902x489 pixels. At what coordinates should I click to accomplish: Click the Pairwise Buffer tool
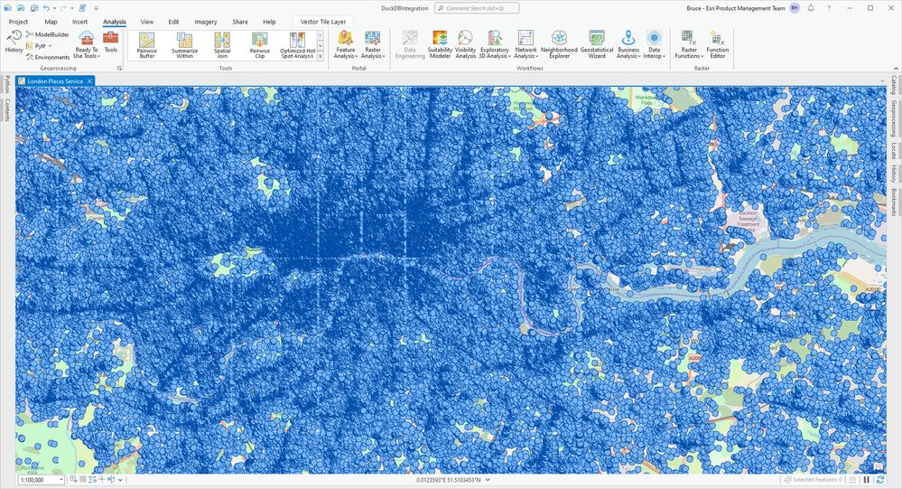[147, 44]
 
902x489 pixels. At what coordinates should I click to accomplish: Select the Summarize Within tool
[184, 44]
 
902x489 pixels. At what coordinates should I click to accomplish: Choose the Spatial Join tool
[222, 44]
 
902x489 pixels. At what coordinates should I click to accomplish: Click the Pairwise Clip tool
[259, 44]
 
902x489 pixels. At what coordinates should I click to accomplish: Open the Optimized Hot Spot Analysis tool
[297, 44]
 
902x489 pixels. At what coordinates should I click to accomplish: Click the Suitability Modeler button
[440, 44]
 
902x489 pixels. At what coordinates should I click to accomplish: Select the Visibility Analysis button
[465, 44]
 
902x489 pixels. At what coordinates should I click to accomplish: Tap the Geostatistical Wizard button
[597, 44]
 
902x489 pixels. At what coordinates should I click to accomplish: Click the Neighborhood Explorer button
[559, 44]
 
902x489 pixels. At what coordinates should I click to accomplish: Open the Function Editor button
[717, 44]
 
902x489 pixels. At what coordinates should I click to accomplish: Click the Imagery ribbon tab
[206, 21]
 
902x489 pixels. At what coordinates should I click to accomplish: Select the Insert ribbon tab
[80, 21]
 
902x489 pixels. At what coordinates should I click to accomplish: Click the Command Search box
[477, 7]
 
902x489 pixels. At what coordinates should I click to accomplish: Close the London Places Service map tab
[90, 81]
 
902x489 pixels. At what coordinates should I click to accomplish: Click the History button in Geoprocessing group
[14, 42]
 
